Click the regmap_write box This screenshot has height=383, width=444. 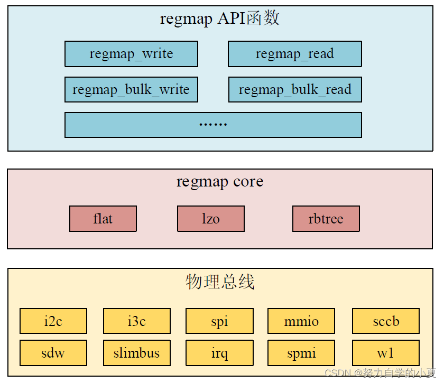click(x=131, y=54)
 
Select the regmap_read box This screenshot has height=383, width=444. click(x=294, y=54)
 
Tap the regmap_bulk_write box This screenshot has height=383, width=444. click(x=131, y=89)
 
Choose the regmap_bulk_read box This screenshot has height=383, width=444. click(x=294, y=89)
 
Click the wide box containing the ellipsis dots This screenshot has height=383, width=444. click(x=213, y=125)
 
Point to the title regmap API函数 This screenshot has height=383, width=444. click(x=220, y=19)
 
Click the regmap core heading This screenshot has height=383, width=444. click(x=220, y=182)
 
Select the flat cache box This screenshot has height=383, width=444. click(x=103, y=219)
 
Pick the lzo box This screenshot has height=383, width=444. click(x=211, y=219)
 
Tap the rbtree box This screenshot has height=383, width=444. click(x=326, y=219)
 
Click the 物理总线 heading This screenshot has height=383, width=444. click(x=220, y=282)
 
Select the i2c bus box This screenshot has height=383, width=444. click(x=53, y=321)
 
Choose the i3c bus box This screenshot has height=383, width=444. click(x=136, y=321)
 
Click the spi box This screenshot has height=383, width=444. click(x=219, y=321)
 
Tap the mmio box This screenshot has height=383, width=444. click(x=301, y=321)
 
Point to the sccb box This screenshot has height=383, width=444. click(x=386, y=321)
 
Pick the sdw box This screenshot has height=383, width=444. click(x=53, y=353)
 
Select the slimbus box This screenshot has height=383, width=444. click(x=136, y=353)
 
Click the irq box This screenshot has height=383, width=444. click(x=219, y=353)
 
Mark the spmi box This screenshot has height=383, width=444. click(x=301, y=353)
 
